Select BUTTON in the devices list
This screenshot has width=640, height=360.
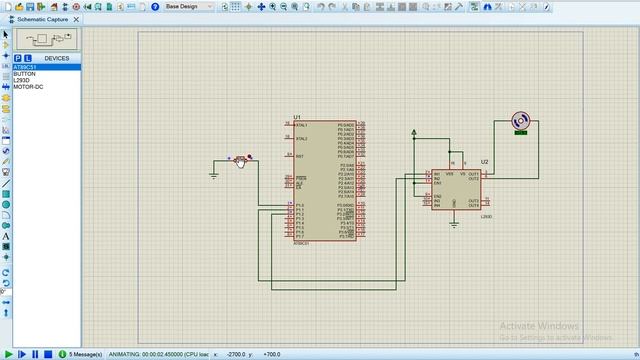click(24, 74)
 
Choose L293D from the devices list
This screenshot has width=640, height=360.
click(22, 80)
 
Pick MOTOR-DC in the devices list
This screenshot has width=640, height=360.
click(28, 86)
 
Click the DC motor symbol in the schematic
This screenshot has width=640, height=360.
click(520, 121)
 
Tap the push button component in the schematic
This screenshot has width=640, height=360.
click(240, 160)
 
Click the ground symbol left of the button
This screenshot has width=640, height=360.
click(214, 175)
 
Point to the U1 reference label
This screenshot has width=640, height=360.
click(297, 117)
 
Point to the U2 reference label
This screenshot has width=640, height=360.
click(484, 161)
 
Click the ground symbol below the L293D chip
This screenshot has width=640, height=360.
click(455, 220)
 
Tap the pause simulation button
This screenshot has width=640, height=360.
click(35, 354)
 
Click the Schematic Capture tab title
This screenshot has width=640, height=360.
click(42, 19)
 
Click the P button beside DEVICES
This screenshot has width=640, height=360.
click(18, 58)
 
